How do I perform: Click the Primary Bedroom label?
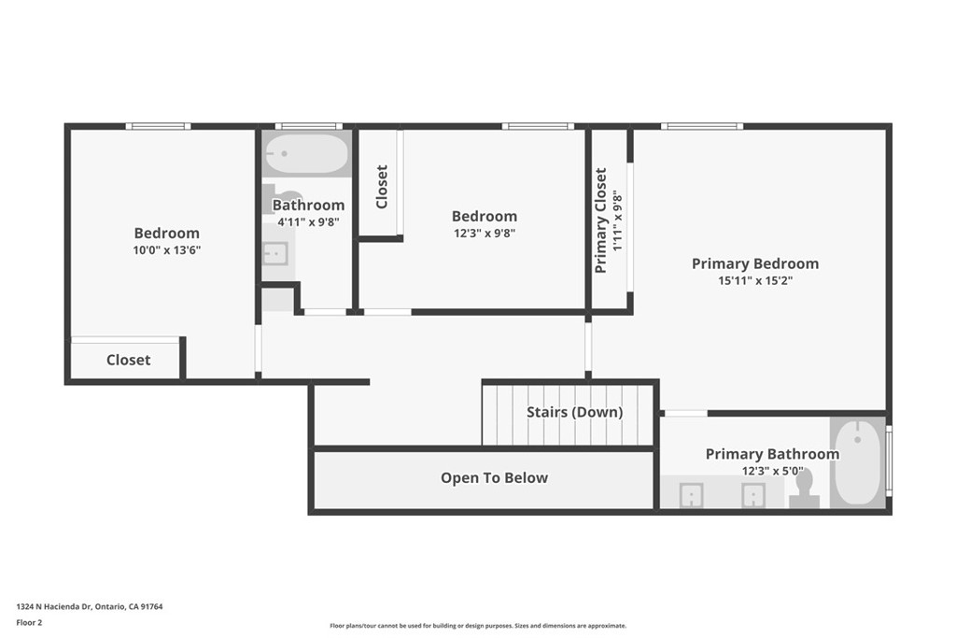coord(754,263)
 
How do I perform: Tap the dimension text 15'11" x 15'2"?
coord(754,280)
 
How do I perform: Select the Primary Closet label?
coord(601,220)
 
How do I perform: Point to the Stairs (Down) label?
coord(574,412)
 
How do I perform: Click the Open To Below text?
coord(494,478)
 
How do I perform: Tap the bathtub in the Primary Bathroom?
coord(857,461)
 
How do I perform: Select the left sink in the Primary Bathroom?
coord(692,495)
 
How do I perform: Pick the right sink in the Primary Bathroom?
coord(753,495)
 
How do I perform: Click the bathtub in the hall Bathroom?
coord(306,153)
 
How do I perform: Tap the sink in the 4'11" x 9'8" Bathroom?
coord(275,253)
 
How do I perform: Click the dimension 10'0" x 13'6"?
coord(166,250)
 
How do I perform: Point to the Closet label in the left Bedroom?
coord(128,360)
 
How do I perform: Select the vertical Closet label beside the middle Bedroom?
coord(381,187)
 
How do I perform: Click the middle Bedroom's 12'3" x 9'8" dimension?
coord(484,234)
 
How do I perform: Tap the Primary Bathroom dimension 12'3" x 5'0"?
coord(772,471)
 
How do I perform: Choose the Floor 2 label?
coord(29,622)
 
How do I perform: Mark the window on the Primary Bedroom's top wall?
coord(702,126)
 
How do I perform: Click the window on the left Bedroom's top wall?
coord(158,126)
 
